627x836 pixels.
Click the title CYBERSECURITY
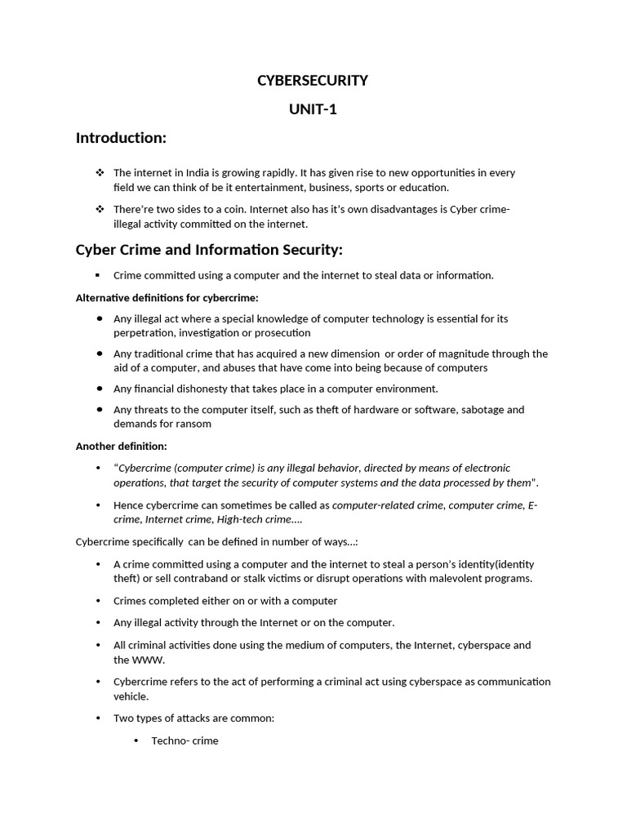click(313, 80)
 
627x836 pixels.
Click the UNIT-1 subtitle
click(313, 109)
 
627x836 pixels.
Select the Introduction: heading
click(121, 138)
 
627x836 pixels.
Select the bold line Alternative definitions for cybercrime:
click(167, 297)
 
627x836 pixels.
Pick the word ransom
click(196, 424)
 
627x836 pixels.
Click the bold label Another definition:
click(122, 447)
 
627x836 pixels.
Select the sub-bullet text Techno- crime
click(185, 740)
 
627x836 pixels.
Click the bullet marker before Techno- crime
click(136, 740)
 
